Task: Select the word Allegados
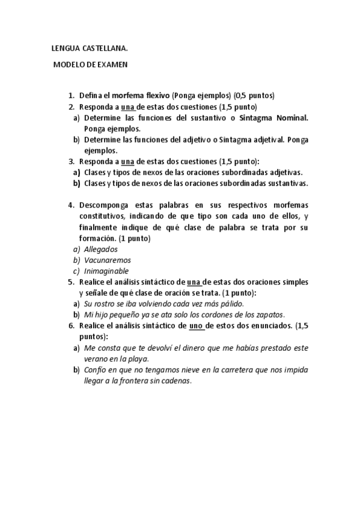(x=101, y=249)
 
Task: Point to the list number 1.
(x=70, y=96)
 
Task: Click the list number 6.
(x=70, y=325)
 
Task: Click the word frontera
(x=139, y=381)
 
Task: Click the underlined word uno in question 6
(x=197, y=325)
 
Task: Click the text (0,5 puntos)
(x=254, y=96)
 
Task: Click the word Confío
(x=96, y=370)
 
